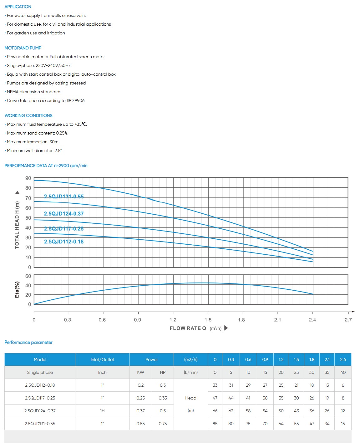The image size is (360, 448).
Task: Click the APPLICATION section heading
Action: tap(18, 7)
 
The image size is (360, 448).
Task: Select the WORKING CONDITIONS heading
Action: tap(28, 115)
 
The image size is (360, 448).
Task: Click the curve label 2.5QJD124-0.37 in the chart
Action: tap(64, 214)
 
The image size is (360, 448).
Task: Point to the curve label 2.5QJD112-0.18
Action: tap(64, 242)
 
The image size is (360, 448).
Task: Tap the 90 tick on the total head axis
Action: tap(28, 178)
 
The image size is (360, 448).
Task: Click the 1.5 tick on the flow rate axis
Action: tap(208, 320)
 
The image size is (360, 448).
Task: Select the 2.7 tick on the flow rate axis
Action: tap(348, 320)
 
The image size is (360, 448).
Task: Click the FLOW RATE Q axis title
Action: tap(188, 328)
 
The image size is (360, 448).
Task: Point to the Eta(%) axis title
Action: tap(17, 289)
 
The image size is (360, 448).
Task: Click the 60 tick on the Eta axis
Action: tap(28, 276)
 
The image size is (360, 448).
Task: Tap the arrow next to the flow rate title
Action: tap(226, 328)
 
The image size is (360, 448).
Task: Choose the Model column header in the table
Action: tap(40, 359)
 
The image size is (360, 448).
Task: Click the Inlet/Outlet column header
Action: tap(102, 359)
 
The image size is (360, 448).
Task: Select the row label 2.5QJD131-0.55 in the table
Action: tap(40, 424)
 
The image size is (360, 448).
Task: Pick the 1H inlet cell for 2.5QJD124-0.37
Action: tap(102, 411)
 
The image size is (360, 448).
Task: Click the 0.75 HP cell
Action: tap(163, 424)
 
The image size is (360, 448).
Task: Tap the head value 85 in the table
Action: tap(215, 424)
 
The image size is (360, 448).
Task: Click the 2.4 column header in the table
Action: tap(343, 359)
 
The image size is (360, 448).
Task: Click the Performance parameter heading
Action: tap(28, 342)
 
